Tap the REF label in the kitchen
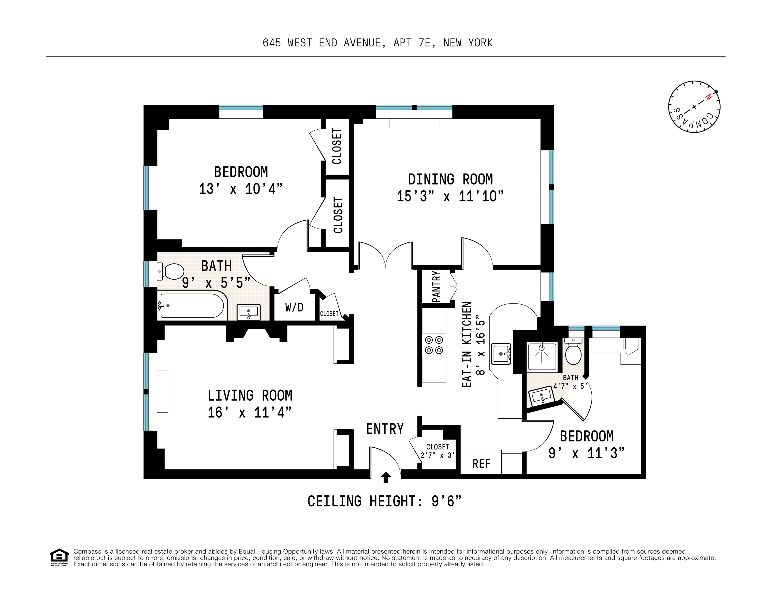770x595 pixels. [x=481, y=464]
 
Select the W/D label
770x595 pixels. [x=294, y=308]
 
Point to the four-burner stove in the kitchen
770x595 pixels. [x=434, y=345]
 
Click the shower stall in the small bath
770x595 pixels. [x=542, y=356]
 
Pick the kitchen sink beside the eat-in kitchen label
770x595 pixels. [x=501, y=354]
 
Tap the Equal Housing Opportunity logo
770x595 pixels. [x=59, y=557]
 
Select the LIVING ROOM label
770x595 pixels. [x=250, y=395]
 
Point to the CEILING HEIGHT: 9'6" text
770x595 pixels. [x=384, y=501]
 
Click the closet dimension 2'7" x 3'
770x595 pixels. [x=437, y=455]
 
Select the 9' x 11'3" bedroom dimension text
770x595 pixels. [x=586, y=453]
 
